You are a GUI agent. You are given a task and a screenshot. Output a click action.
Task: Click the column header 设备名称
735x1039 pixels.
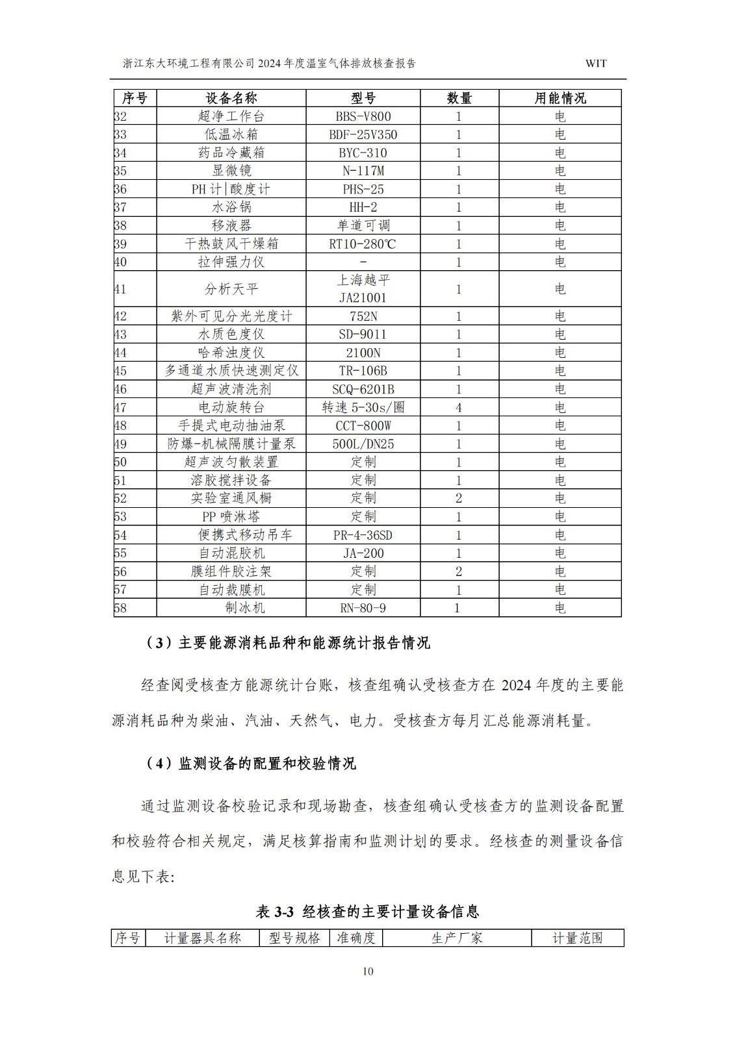(x=231, y=98)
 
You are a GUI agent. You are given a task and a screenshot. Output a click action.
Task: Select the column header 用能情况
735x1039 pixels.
(x=560, y=98)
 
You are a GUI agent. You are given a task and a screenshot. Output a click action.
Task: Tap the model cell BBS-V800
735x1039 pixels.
(x=363, y=117)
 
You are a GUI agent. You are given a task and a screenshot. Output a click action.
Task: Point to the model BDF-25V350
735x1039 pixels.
(x=363, y=135)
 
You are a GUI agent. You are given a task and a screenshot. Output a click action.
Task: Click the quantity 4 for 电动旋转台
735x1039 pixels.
(x=459, y=408)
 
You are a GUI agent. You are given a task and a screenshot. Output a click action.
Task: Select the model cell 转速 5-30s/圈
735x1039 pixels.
(x=363, y=408)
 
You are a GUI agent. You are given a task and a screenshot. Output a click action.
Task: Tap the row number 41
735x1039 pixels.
(x=121, y=289)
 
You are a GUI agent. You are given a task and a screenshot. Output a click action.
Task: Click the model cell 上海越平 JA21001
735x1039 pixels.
(x=363, y=289)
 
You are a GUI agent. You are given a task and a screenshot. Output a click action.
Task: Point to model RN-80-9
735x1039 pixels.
(x=363, y=608)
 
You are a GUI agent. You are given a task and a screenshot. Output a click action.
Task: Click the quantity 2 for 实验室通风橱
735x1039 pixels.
(x=459, y=498)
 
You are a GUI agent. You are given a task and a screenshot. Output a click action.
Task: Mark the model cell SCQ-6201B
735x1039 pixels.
(x=363, y=390)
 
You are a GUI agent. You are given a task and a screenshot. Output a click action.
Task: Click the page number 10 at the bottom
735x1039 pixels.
(x=368, y=971)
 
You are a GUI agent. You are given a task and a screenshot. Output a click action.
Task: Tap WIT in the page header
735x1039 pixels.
(x=596, y=64)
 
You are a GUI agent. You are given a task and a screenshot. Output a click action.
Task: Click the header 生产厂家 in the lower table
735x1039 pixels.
(x=457, y=938)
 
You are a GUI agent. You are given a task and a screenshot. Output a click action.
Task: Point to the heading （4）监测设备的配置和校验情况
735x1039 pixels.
(x=250, y=764)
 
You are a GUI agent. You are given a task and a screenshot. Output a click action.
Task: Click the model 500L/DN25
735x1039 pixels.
(x=363, y=444)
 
